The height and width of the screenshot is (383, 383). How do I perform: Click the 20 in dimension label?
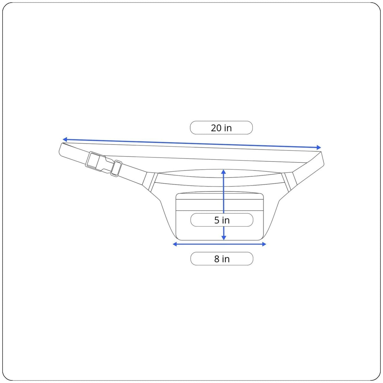(x=221, y=128)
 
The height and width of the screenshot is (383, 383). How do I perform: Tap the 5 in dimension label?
(x=222, y=220)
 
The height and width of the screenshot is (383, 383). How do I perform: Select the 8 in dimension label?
(x=222, y=259)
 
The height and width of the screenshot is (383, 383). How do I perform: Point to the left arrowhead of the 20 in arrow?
(x=64, y=139)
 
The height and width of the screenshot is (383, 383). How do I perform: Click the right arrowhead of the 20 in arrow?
(x=319, y=147)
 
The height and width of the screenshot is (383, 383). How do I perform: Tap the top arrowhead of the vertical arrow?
(x=224, y=172)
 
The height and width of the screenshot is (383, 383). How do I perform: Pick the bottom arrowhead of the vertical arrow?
(x=224, y=238)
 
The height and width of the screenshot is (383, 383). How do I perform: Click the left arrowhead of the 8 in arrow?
(x=175, y=244)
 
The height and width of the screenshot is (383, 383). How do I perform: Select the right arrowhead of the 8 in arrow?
(x=264, y=244)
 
